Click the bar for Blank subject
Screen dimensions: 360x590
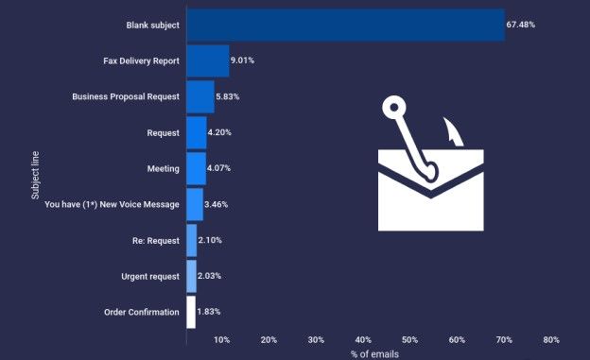pos(345,25)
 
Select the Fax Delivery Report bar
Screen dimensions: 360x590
pos(207,60)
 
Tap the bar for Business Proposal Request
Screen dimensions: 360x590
pos(200,96)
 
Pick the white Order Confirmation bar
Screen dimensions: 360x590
pos(191,312)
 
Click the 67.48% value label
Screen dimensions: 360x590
pos(521,25)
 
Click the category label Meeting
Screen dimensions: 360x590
pos(163,168)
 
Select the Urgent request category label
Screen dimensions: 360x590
pos(149,276)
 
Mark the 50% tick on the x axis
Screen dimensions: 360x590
pos(409,339)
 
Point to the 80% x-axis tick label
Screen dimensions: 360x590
pos(551,339)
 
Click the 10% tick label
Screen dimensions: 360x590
pos(221,339)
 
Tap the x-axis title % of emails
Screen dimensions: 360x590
pos(374,353)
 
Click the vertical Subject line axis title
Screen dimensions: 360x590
pos(34,168)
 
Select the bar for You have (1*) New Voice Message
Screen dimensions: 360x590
pos(194,204)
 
